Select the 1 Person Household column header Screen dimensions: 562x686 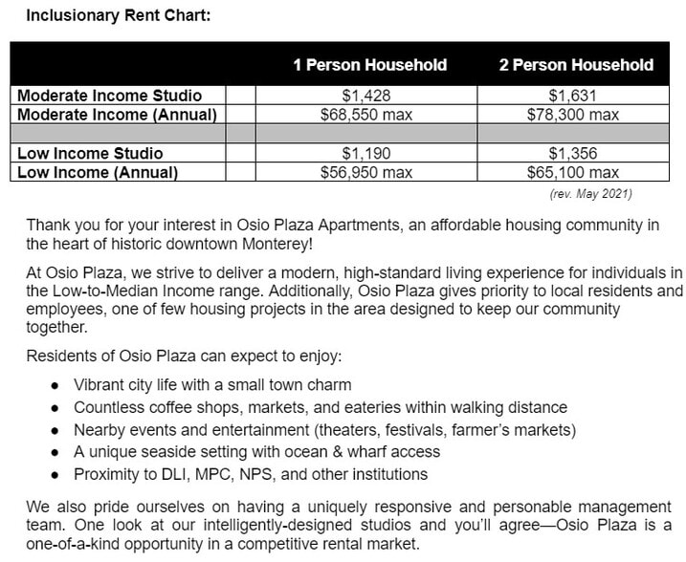pos(369,65)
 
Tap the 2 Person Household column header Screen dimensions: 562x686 pos(575,65)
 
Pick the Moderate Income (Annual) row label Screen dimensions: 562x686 pos(117,115)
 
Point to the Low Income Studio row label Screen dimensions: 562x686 pos(90,154)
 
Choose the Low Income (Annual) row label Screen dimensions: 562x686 pos(98,173)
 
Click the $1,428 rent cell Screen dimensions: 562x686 pos(367,96)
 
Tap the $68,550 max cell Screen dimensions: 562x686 pos(367,115)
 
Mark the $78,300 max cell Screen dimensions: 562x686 pos(573,115)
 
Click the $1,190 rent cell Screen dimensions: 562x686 pos(367,154)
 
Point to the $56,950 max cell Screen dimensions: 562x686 pos(367,173)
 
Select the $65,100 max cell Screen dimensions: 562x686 pos(573,173)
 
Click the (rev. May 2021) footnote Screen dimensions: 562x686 pos(590,194)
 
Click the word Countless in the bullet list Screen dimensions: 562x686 pos(109,408)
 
